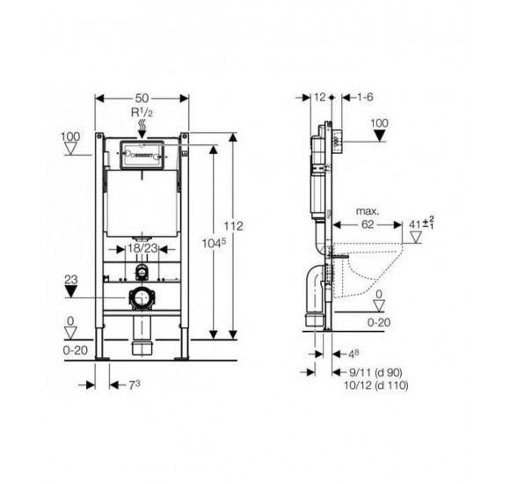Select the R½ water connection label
pyautogui.click(x=142, y=115)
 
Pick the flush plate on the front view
pyautogui.click(x=141, y=156)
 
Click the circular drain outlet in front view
pyautogui.click(x=140, y=297)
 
